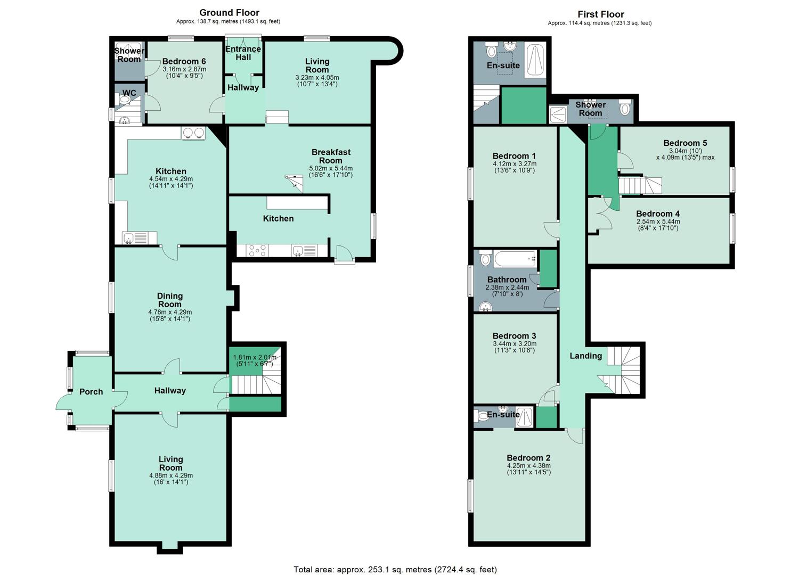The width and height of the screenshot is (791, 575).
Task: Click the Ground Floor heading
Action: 229,13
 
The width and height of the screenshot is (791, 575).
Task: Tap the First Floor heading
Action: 601,14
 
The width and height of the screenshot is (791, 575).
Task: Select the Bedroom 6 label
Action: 184,61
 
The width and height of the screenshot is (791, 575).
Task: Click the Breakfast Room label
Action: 331,157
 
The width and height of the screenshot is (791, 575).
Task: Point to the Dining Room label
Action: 170,300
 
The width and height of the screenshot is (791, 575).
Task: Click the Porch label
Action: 91,391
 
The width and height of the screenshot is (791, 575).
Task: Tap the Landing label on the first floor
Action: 586,356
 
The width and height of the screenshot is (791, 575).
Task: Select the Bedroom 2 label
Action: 528,458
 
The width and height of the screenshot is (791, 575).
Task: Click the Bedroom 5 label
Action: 685,143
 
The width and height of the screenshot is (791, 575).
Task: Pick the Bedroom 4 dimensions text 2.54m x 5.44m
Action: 658,221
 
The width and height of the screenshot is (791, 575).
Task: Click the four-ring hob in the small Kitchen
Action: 257,251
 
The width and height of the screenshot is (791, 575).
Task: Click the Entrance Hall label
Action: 243,53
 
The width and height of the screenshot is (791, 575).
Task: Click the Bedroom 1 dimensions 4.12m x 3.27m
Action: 515,164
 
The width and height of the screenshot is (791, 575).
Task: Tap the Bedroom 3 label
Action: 514,335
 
